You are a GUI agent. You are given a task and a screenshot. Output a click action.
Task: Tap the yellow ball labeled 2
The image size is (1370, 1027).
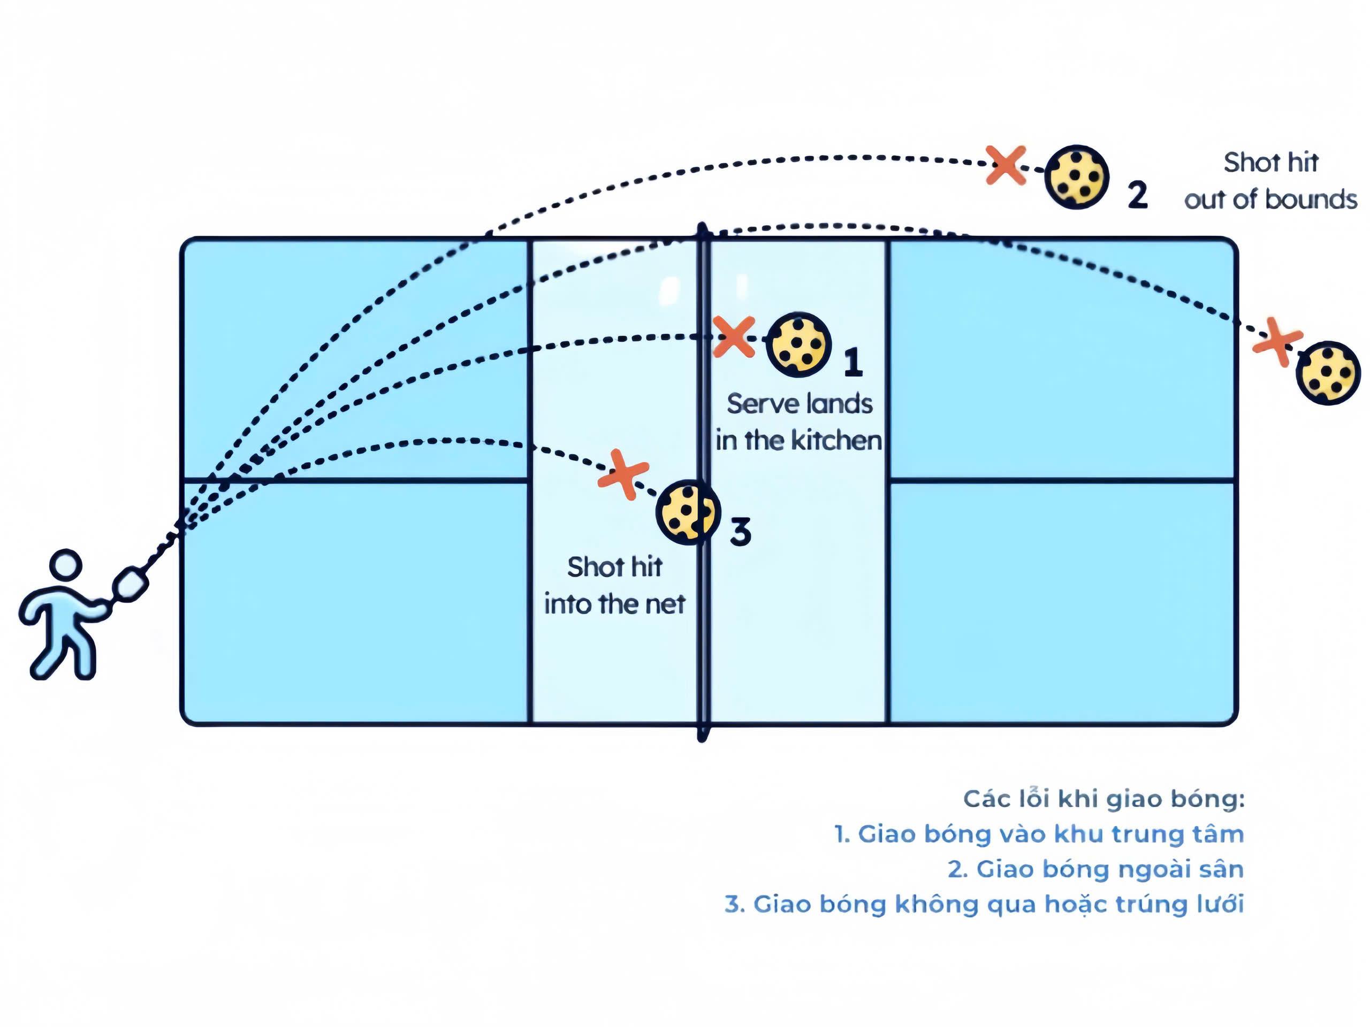[x=1076, y=177]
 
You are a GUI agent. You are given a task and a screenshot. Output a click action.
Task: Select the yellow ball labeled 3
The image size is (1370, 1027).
[x=688, y=512]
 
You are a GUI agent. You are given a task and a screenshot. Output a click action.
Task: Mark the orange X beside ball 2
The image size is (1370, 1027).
[x=1006, y=165]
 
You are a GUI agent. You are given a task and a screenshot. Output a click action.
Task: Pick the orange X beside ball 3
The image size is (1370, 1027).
[x=623, y=474]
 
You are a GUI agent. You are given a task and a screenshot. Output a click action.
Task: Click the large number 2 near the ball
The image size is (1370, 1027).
[x=1137, y=195]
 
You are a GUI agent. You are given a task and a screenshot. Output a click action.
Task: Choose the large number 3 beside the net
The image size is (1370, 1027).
[x=740, y=532]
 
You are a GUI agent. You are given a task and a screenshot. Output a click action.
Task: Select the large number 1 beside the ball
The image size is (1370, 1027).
[x=854, y=363]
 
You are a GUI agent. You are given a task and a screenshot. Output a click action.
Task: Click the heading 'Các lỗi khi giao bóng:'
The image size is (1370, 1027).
[x=1103, y=799]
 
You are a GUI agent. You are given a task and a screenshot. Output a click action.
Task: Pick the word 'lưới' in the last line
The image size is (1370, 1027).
[x=1220, y=904]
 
